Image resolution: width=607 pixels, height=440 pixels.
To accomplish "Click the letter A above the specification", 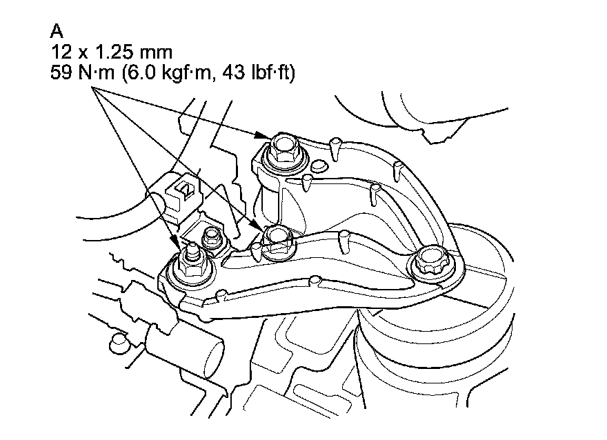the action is click(x=57, y=31).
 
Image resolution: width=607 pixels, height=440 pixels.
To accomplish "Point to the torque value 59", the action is click(x=61, y=72).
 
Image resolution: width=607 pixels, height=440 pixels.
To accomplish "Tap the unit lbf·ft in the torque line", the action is click(x=270, y=72).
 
